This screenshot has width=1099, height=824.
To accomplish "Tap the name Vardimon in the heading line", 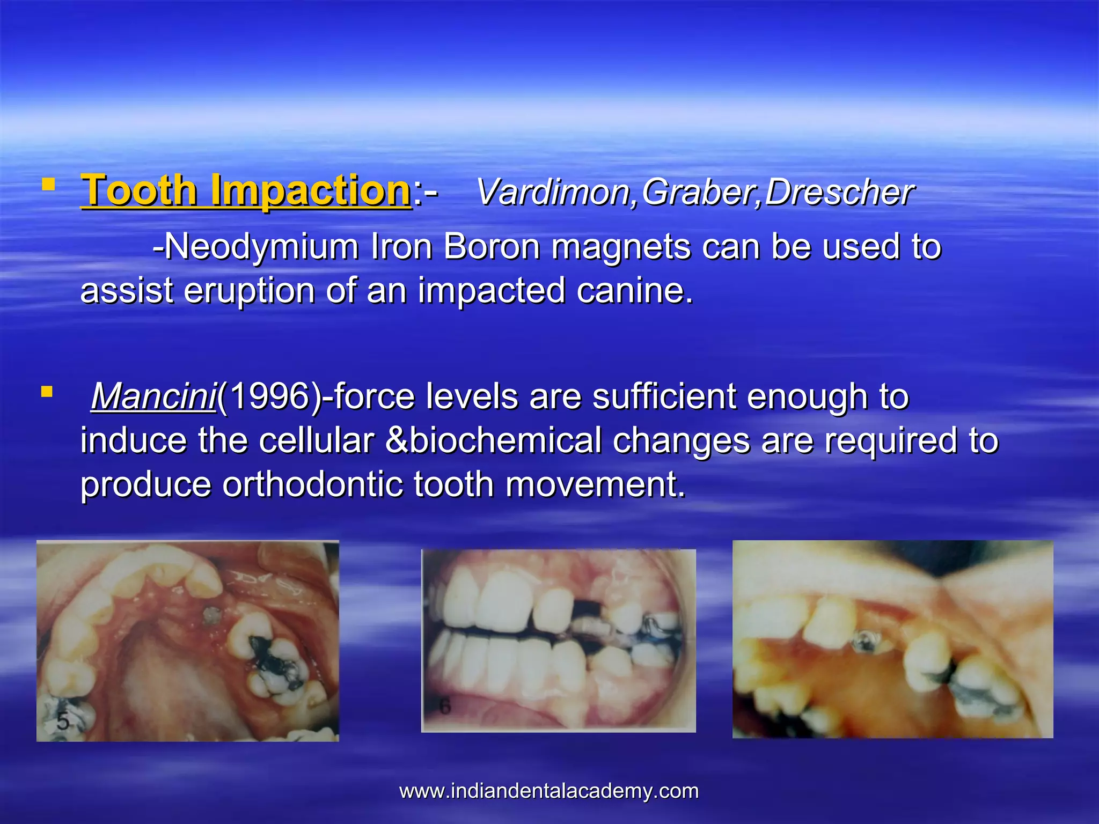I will tap(553, 192).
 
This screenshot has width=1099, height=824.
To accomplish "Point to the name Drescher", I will tap(839, 192).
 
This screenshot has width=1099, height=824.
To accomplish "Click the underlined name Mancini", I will tap(153, 397).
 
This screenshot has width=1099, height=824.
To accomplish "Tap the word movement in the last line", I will tap(595, 484).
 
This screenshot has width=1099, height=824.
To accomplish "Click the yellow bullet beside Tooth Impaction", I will tap(48, 185).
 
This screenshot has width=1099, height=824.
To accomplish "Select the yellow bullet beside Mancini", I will tap(47, 392).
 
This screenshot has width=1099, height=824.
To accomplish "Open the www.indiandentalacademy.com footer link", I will tap(549, 791).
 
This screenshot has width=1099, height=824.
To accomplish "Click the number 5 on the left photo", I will tap(63, 722).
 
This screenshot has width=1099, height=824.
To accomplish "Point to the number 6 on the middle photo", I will tap(444, 707).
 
